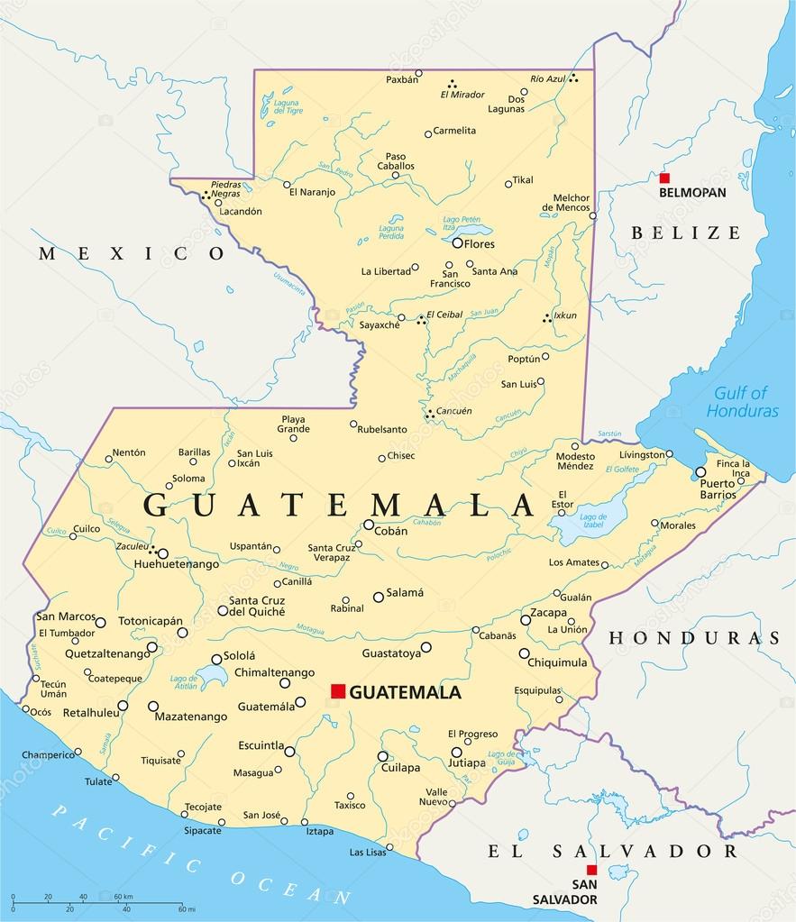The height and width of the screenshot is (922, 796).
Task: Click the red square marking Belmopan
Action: tap(664, 178)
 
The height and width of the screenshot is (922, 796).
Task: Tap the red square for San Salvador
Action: tap(591, 870)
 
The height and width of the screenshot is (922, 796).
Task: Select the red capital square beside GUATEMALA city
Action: tap(338, 691)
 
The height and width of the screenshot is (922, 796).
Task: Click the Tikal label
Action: tap(523, 180)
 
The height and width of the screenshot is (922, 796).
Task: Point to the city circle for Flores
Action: tap(458, 242)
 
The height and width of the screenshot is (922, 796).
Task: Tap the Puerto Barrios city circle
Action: tap(700, 471)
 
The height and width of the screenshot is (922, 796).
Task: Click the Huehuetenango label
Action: tap(176, 564)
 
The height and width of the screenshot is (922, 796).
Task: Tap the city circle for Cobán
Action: tap(369, 524)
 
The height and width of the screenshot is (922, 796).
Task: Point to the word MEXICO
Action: tap(132, 254)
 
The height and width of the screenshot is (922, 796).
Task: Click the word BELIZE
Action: tap(686, 233)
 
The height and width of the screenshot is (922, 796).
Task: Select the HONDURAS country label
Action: tap(695, 638)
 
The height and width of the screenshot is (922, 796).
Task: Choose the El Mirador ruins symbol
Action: tap(452, 83)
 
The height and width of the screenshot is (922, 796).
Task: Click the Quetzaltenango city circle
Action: tap(152, 646)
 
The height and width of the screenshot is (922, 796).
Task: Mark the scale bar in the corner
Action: tap(99, 900)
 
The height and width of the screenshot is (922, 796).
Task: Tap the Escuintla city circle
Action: tap(289, 750)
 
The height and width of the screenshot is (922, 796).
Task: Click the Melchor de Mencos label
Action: tap(571, 203)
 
